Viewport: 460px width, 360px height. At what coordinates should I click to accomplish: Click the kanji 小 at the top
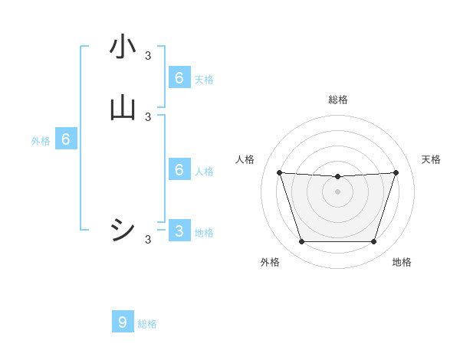123,47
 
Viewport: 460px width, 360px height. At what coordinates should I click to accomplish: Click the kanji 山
123,107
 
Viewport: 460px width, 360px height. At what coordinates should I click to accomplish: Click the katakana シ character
123,229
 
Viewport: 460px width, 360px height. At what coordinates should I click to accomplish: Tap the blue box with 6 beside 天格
179,77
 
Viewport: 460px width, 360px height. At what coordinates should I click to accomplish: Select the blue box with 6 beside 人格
179,169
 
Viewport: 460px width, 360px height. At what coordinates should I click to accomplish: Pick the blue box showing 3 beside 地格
179,231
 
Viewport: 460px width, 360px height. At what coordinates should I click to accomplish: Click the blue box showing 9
123,322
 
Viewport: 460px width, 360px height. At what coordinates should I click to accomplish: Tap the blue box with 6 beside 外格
66,139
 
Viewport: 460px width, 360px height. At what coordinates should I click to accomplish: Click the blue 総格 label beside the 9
147,324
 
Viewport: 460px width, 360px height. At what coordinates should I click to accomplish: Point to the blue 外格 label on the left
41,141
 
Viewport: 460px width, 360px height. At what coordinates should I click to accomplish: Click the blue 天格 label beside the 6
204,79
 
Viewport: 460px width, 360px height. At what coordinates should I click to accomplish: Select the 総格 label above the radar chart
337,100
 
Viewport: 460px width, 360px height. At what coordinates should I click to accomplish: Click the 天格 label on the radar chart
431,159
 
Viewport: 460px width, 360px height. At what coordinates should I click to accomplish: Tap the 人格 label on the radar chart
245,159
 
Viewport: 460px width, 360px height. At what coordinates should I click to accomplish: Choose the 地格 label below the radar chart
402,263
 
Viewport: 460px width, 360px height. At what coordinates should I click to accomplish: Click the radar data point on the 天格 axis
396,172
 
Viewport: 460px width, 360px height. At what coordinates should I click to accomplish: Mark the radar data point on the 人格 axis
279,172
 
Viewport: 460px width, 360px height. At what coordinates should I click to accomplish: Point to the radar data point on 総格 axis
337,177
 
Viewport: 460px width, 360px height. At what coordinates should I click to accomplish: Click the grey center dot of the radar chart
337,191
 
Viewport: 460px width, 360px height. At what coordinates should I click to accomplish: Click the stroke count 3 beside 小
148,55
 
